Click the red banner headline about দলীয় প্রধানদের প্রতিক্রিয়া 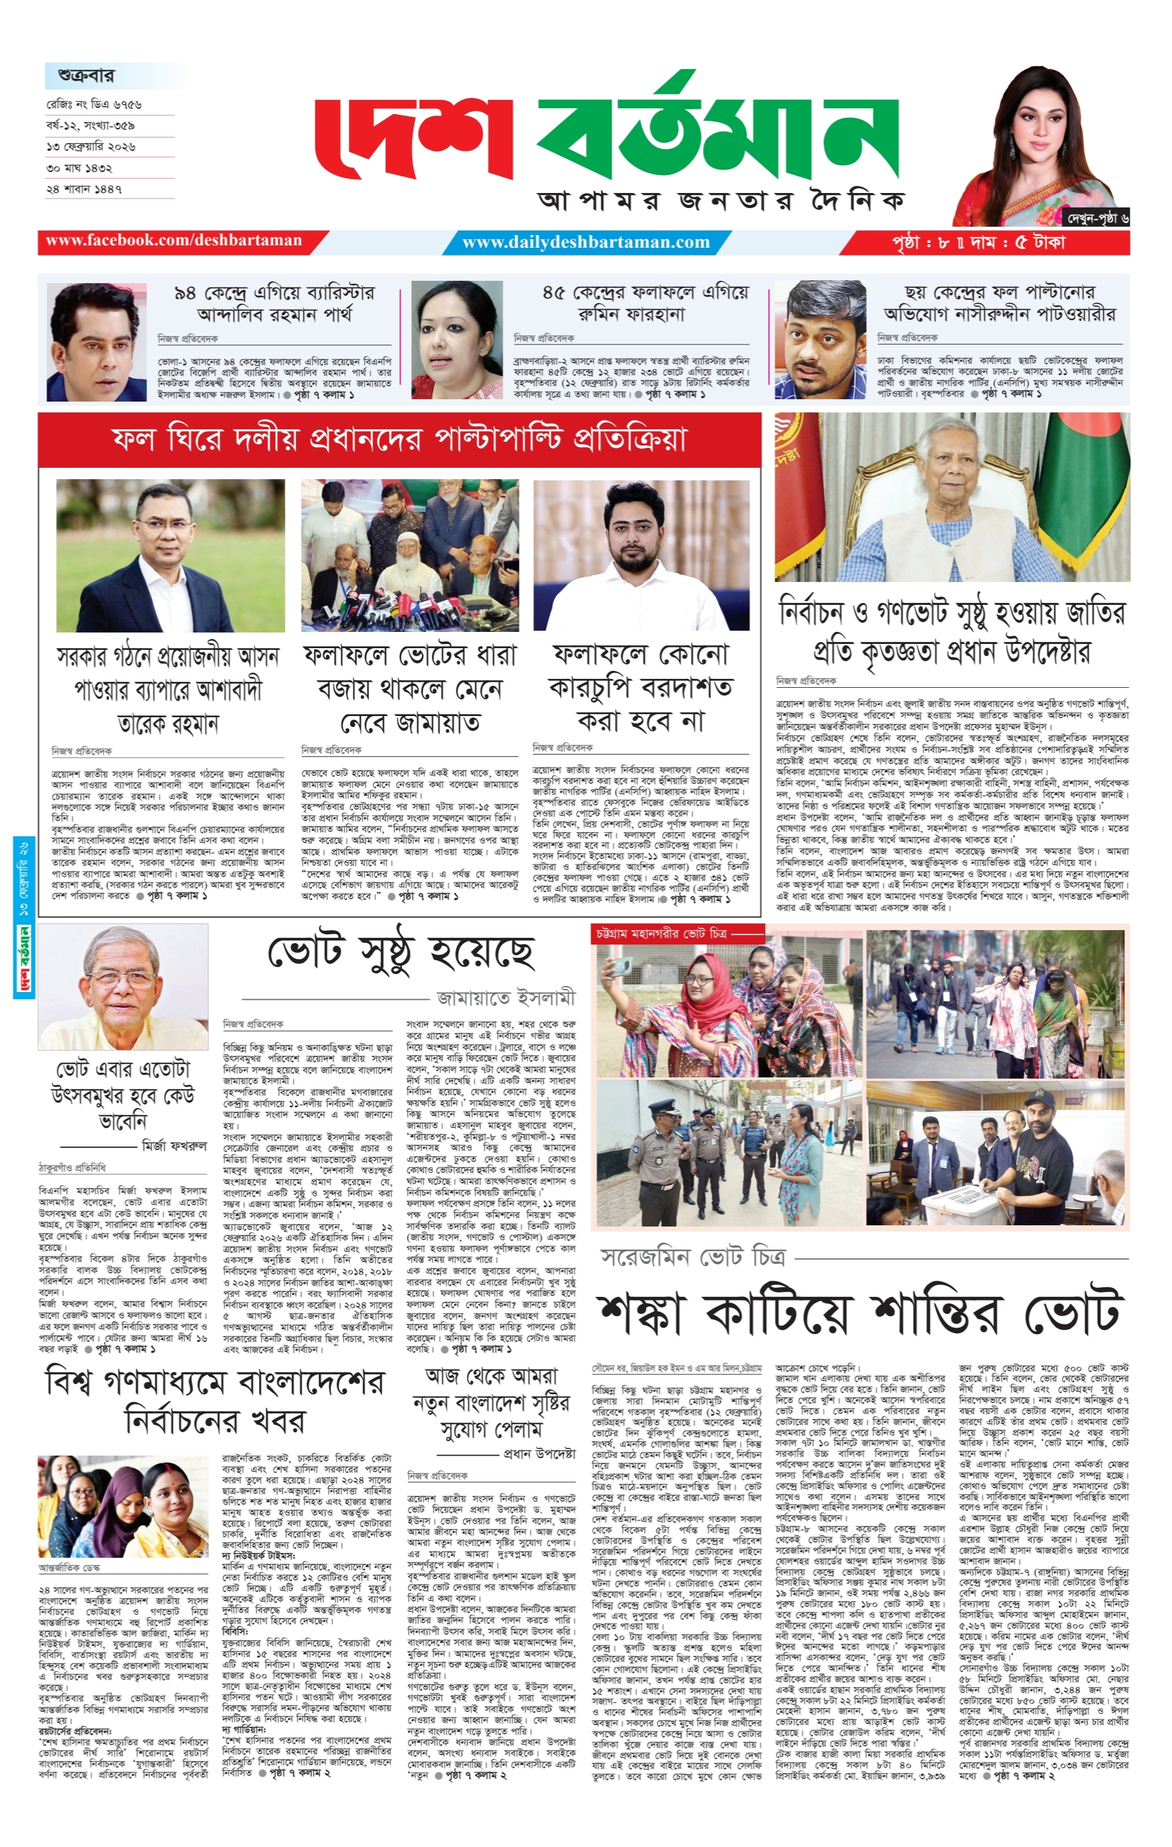pos(399,440)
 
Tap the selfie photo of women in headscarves pos(726,1004)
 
